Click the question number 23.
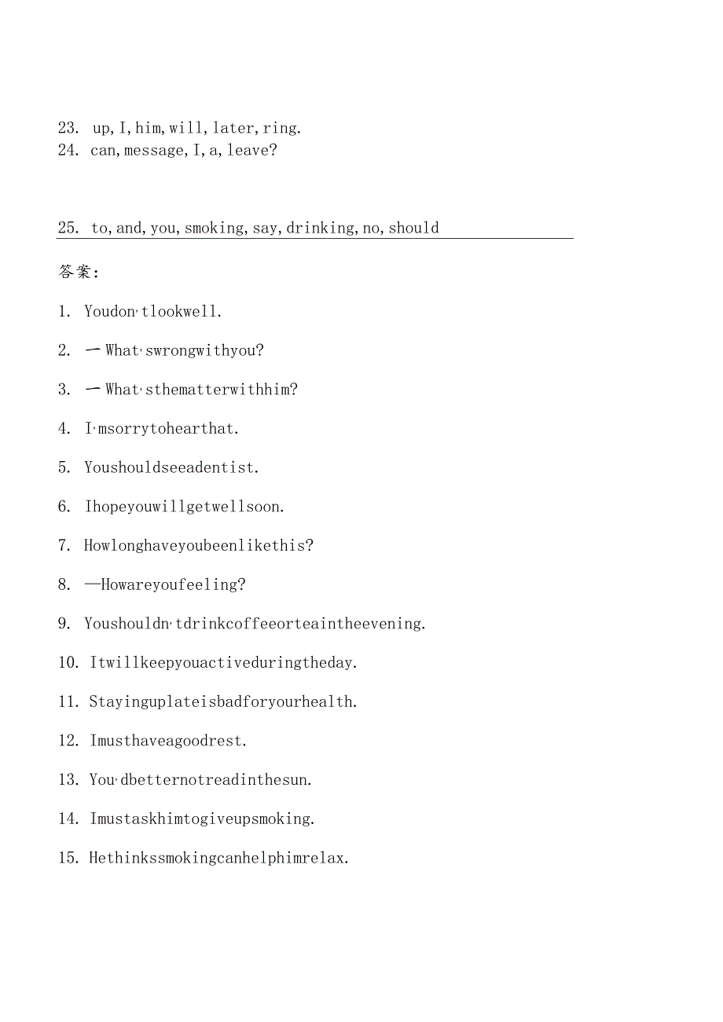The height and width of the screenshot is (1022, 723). pos(68,128)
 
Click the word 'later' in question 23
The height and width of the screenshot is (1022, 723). pos(233,128)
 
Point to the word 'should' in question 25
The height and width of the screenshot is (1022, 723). pos(413,228)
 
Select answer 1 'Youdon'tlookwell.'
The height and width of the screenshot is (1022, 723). pos(153,312)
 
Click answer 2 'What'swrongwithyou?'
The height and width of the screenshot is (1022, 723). pos(184,350)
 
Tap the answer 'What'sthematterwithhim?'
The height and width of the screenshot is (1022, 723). pos(201,390)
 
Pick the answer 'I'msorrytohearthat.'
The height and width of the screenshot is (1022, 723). pos(162,429)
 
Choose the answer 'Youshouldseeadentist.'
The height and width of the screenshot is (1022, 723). pos(171,467)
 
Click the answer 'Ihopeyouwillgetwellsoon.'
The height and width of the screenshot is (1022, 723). pos(185,507)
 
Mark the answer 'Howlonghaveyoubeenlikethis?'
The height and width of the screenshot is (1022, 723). pos(199,545)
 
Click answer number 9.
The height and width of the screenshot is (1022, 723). pos(65,624)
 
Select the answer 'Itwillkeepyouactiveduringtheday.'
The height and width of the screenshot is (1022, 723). pos(224,662)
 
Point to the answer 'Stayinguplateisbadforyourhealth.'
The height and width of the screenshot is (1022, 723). pos(223,701)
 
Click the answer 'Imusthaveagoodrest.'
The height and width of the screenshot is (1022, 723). pos(168,740)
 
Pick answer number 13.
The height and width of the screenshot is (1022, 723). pos(68,779)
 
